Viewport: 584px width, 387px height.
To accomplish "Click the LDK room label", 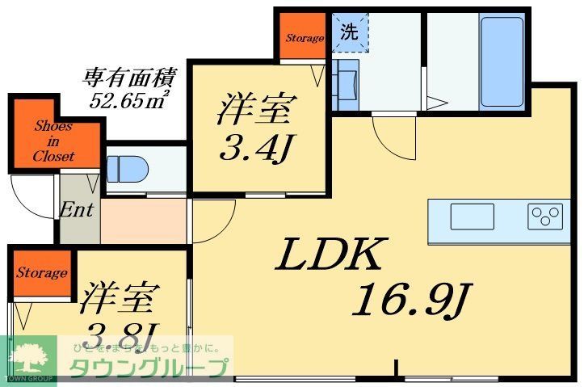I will pyautogui.click(x=329, y=256).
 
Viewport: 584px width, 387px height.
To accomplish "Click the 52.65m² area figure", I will pyautogui.click(x=128, y=101).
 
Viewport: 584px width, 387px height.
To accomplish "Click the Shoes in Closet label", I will pyautogui.click(x=53, y=141).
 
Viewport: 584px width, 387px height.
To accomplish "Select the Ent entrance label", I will pyautogui.click(x=77, y=210).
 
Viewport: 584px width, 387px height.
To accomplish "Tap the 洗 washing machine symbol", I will pyautogui.click(x=348, y=33).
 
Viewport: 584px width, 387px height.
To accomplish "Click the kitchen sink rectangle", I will pyautogui.click(x=472, y=216).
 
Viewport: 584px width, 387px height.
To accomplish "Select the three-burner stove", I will pyautogui.click(x=544, y=216).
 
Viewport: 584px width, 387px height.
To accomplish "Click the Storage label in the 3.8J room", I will pyautogui.click(x=41, y=273).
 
